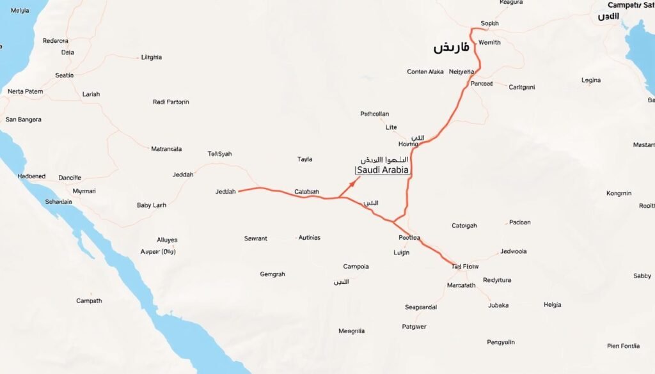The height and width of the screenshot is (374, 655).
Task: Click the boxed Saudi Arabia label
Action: (x=382, y=171)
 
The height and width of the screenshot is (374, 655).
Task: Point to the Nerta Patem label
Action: (x=26, y=91)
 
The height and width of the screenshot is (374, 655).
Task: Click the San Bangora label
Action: (x=23, y=120)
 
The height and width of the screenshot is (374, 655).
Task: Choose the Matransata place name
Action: (x=166, y=149)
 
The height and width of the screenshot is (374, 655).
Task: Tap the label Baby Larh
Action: (x=152, y=205)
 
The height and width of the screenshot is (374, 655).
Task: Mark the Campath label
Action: (x=89, y=300)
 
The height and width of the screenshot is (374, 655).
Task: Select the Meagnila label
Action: (x=351, y=331)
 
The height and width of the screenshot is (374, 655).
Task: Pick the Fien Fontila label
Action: (x=623, y=346)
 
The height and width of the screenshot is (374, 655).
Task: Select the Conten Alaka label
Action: (x=425, y=72)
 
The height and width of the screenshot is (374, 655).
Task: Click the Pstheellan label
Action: (x=375, y=114)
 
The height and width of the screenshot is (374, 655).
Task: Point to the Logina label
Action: (x=591, y=81)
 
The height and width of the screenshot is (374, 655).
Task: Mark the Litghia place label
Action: (x=151, y=57)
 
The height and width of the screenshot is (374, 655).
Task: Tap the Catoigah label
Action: (x=464, y=225)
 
